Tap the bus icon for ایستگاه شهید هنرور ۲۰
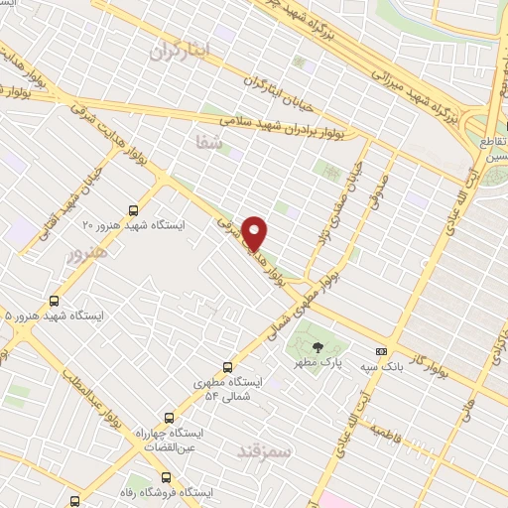(133, 210)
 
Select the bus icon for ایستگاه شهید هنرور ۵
(53, 300)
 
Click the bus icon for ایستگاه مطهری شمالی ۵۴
(228, 366)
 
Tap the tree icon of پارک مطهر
(317, 347)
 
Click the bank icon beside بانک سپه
(381, 351)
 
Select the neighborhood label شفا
(209, 145)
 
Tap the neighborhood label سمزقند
(266, 451)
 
